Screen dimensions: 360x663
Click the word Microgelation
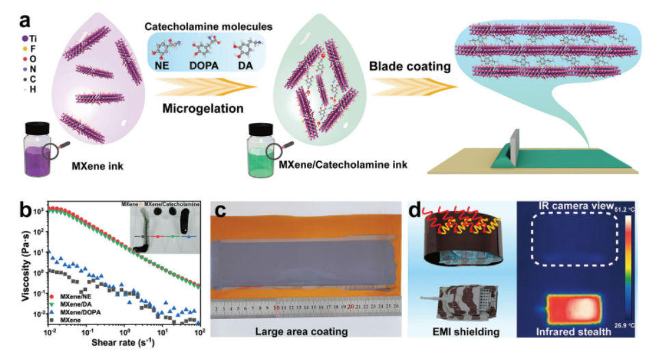193,108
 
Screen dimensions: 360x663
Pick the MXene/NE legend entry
75,296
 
